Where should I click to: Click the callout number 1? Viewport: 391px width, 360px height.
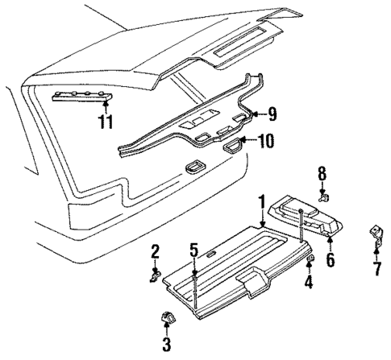[261, 201]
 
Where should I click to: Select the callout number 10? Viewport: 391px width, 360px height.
[267, 142]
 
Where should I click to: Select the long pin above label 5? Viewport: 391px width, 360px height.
[194, 290]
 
